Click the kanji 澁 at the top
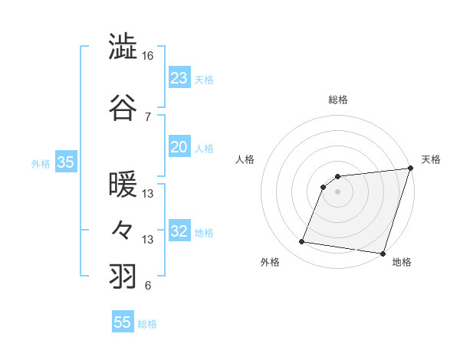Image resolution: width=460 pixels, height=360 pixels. (123, 46)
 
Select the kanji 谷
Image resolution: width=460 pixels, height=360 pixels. (123, 106)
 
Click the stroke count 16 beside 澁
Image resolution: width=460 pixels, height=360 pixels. (147, 56)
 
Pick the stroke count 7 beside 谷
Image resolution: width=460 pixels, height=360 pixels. (147, 116)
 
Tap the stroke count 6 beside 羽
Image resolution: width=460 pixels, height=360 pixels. (147, 286)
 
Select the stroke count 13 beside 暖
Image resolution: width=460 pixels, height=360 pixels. (147, 194)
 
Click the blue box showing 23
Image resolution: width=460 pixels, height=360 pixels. (179, 78)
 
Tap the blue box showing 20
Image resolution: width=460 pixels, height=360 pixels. (179, 147)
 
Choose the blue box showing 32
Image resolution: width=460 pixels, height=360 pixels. (179, 231)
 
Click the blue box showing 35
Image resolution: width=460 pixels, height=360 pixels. (65, 162)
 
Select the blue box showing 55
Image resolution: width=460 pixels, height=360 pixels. (123, 322)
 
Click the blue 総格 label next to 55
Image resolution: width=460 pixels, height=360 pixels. (147, 324)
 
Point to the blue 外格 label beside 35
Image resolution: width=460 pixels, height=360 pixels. (40, 163)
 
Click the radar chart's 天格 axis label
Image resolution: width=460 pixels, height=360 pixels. (431, 159)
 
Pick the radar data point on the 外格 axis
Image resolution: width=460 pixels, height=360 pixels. (302, 242)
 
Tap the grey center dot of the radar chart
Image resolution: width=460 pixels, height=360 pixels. (337, 191)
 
